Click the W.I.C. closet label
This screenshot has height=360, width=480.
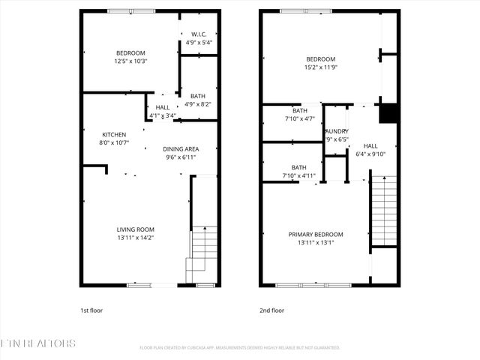[x=199, y=34]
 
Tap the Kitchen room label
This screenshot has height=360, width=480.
[x=114, y=134]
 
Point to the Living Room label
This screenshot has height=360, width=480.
[x=135, y=229]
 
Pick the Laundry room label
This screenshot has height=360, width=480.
[x=337, y=131]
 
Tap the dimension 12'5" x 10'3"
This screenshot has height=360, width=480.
[x=130, y=61]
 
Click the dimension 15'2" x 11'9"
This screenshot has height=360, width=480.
[x=320, y=67]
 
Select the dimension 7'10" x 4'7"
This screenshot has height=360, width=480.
[x=299, y=118]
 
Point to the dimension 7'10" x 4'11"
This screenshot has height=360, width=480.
[x=299, y=176]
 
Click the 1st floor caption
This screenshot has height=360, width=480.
[x=91, y=309]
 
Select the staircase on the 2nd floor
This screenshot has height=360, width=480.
[x=384, y=210]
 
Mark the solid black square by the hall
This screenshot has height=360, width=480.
[x=388, y=112]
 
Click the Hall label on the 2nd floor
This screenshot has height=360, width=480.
[x=370, y=146]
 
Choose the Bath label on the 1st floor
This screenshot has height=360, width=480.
[x=198, y=96]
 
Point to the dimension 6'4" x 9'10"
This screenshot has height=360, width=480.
[x=370, y=154]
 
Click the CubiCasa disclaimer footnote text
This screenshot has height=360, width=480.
[x=240, y=347]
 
